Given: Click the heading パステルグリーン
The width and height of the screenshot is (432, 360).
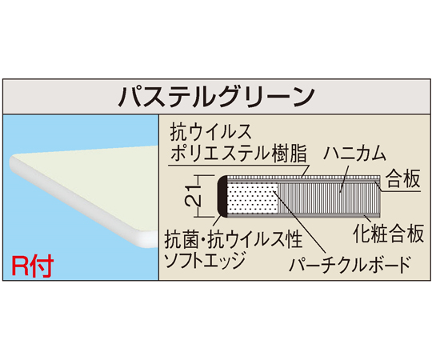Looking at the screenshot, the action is (x=216, y=96).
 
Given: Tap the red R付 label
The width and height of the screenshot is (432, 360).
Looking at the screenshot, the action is (x=33, y=266).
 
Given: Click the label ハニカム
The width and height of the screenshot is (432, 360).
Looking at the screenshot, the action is (x=354, y=154).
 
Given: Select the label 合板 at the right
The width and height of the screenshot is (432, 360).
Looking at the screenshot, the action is (x=402, y=178).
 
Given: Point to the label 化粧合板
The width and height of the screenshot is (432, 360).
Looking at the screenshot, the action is (x=388, y=234).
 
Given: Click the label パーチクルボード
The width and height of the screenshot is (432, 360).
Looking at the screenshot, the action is (x=350, y=265).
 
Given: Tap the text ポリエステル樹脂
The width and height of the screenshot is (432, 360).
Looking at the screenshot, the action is (x=238, y=153).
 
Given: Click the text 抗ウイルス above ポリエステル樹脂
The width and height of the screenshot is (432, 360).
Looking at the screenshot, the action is (x=211, y=132).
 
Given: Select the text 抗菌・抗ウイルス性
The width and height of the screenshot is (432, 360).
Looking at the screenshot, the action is (x=233, y=239).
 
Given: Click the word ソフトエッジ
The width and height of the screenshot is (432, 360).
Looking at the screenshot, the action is (x=204, y=261).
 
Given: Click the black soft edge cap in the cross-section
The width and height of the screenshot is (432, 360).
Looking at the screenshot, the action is (x=222, y=196).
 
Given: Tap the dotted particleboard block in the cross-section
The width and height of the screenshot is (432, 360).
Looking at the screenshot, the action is (x=251, y=198).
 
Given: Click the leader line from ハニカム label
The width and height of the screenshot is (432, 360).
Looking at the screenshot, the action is (x=344, y=178).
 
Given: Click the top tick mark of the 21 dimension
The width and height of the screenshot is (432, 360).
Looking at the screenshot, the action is (x=205, y=175).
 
